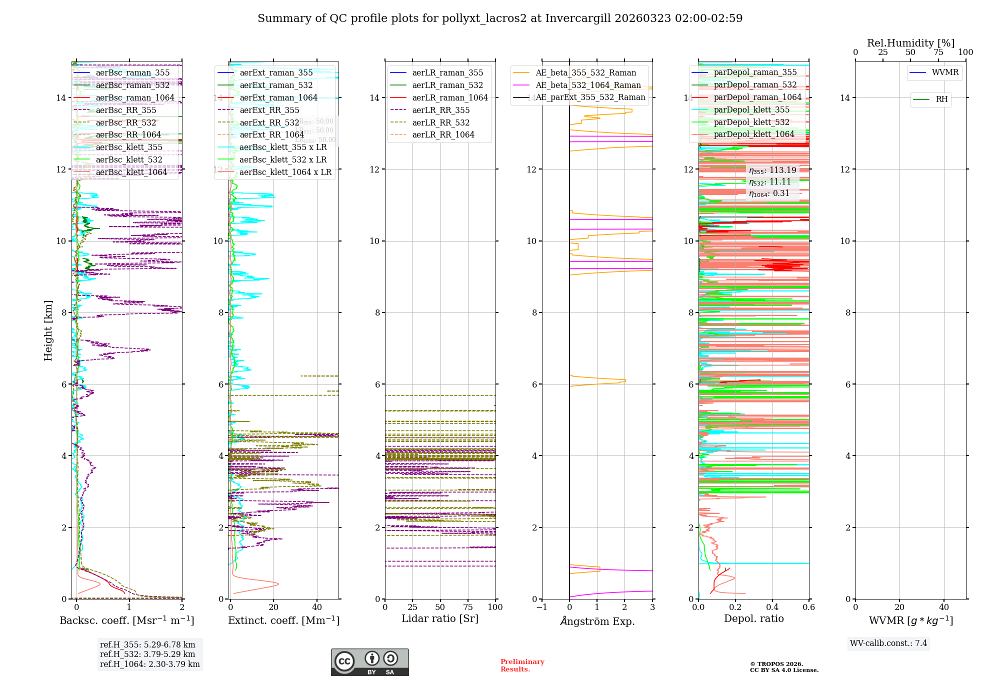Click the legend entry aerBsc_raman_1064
click(135, 97)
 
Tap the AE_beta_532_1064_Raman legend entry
click(588, 85)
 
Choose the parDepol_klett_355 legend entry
click(751, 109)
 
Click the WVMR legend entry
click(945, 72)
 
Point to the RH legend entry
click(941, 99)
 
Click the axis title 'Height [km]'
click(48, 330)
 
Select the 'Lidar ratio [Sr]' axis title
click(440, 618)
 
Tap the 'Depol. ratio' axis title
click(753, 618)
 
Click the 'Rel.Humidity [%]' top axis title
click(910, 43)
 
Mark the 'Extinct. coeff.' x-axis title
click(283, 620)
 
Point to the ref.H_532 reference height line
click(147, 654)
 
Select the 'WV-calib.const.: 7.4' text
click(888, 643)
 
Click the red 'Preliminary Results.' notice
click(522, 665)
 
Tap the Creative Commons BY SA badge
click(369, 662)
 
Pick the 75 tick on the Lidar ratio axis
click(468, 607)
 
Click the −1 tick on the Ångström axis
click(541, 607)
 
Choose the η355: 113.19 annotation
click(772, 170)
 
